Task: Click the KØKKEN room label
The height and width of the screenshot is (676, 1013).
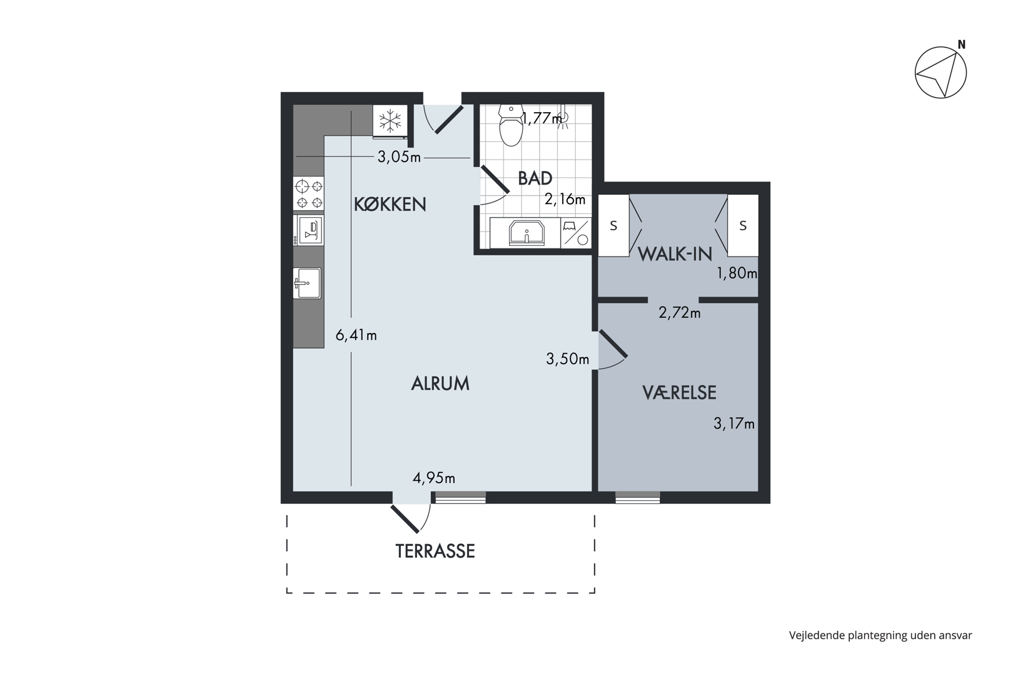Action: (390, 204)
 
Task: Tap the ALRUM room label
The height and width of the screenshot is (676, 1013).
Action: (440, 384)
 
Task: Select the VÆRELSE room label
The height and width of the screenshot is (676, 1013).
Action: (679, 392)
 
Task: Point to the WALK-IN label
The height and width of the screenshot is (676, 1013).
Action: (675, 255)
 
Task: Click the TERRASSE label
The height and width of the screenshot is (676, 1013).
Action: (435, 551)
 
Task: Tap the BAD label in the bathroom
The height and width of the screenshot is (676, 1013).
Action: (535, 178)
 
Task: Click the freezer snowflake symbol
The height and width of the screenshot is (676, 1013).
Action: (390, 121)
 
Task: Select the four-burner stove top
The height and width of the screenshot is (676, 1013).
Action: (309, 193)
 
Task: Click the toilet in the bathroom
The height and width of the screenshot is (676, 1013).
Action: (511, 125)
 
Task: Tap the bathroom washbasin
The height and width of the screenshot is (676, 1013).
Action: (527, 233)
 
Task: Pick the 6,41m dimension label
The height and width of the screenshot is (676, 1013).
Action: (356, 335)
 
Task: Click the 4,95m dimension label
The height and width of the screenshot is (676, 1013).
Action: (434, 478)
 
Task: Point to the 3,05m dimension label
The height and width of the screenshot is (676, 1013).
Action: (400, 157)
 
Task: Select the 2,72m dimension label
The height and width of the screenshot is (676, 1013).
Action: (679, 312)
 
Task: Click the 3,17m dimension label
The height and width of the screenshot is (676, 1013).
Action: (734, 423)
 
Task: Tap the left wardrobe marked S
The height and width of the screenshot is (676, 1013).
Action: (613, 225)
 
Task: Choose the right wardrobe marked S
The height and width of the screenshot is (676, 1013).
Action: (743, 225)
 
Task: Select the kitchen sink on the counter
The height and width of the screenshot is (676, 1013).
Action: (307, 283)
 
